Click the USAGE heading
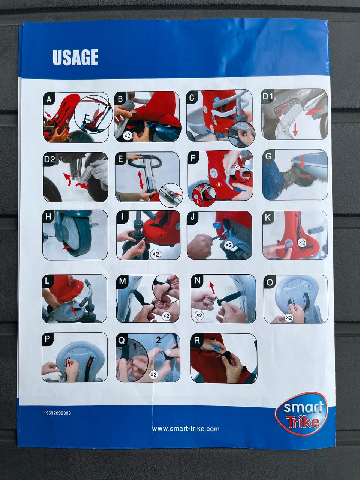[x=75, y=57]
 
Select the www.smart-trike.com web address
[x=186, y=429]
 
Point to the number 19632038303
[x=57, y=413]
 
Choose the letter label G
[x=268, y=157]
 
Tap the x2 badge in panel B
[x=127, y=136]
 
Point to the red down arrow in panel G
[x=303, y=162]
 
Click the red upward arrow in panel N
[x=212, y=287]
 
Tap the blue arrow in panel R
[x=215, y=347]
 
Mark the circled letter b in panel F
[x=198, y=202]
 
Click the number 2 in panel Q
[x=159, y=340]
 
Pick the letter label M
[x=122, y=281]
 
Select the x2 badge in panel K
[x=302, y=243]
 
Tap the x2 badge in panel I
[x=155, y=254]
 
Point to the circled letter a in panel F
[x=219, y=184]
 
